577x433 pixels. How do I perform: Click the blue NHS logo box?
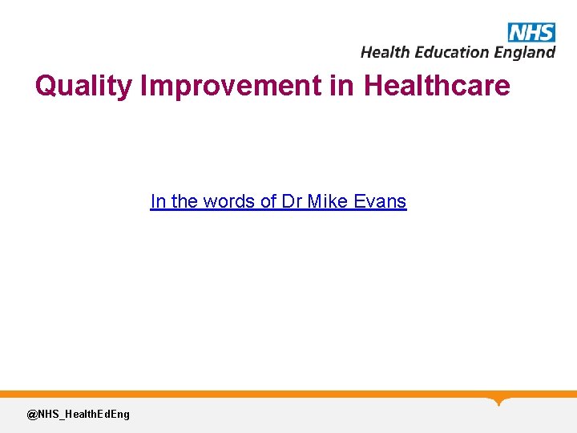[x=531, y=32]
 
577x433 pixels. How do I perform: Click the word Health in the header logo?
[x=384, y=52]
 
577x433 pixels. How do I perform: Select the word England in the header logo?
[x=524, y=53]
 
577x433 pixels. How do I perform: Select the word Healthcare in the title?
[x=437, y=85]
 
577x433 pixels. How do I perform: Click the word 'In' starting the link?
[x=158, y=201]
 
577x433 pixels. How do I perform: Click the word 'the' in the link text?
[x=185, y=201]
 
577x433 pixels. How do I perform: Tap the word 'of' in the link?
[x=270, y=201]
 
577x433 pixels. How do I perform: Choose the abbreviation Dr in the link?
[x=292, y=201]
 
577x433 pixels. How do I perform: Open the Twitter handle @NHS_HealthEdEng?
[x=78, y=414]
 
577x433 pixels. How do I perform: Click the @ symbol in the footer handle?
[x=32, y=414]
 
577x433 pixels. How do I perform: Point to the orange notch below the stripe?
[x=500, y=401]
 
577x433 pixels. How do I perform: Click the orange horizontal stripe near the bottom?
[x=240, y=394]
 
